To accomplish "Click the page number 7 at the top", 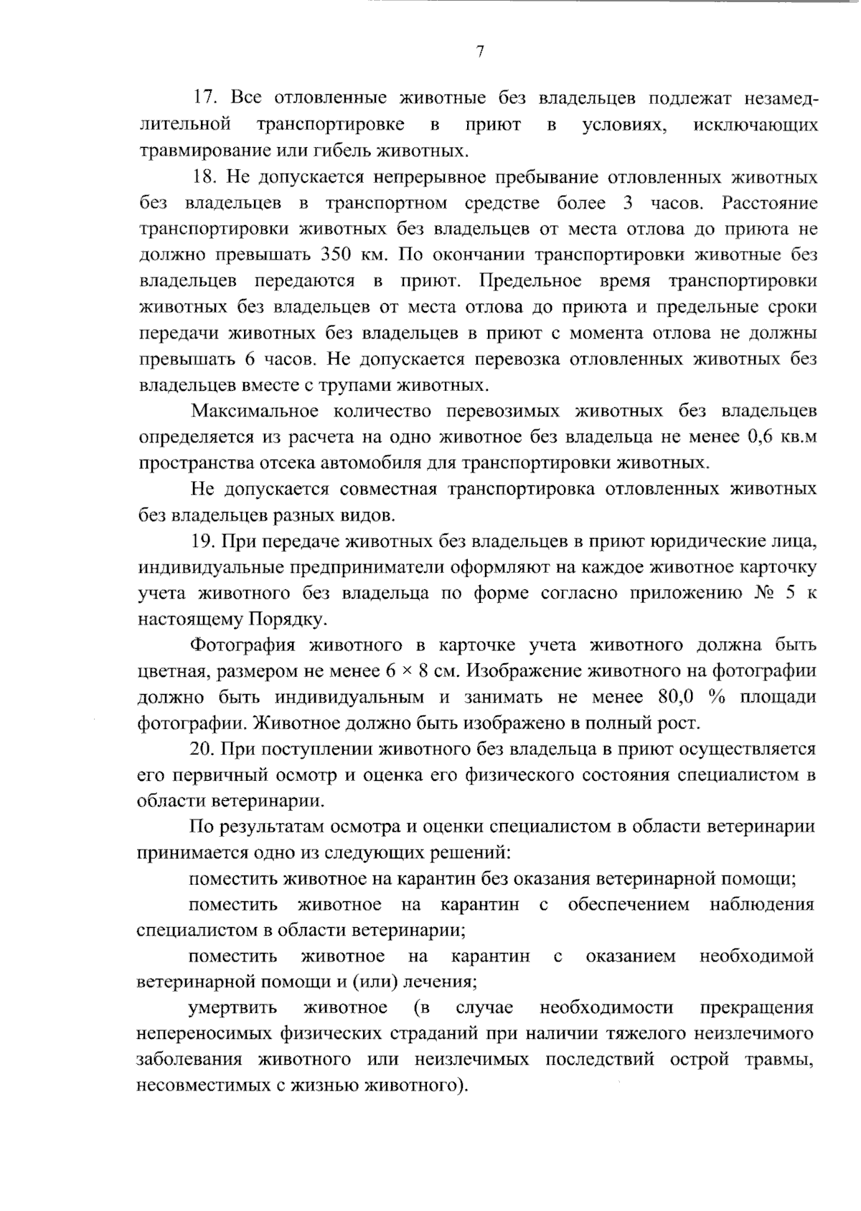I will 480,52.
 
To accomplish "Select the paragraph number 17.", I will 204,99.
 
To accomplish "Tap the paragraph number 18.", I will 204,177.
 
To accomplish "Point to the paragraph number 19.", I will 204,541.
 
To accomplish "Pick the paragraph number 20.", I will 204,749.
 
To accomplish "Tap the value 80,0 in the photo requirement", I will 676,697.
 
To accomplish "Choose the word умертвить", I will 232,1008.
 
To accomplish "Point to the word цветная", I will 167,672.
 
